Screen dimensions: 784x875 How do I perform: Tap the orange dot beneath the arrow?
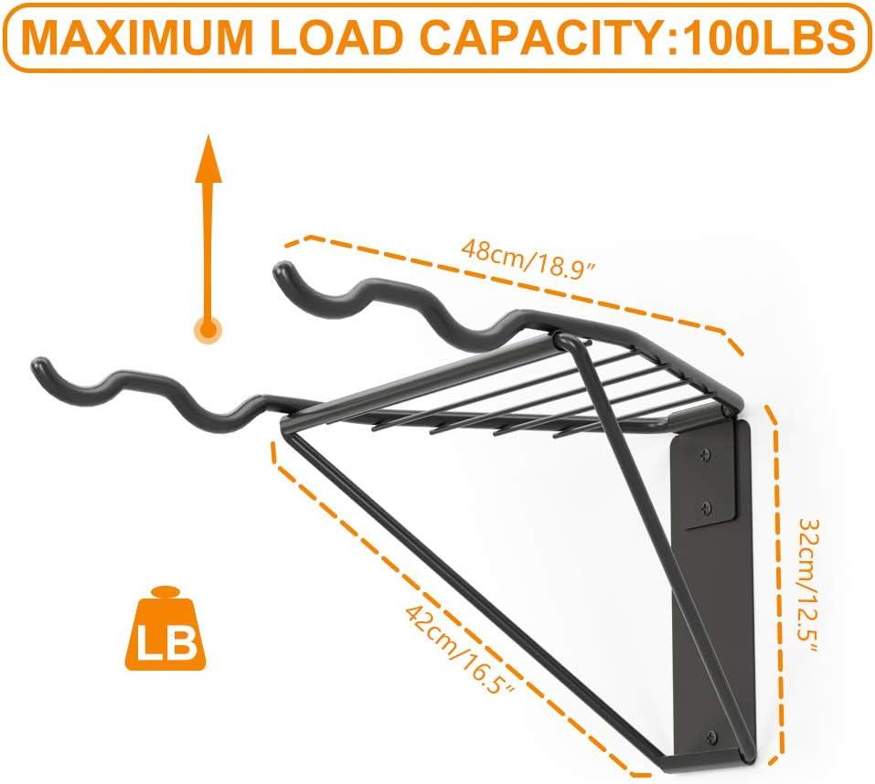(209, 328)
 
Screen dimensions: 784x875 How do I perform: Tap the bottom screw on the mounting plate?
(713, 736)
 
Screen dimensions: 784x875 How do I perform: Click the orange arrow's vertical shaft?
(209, 247)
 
